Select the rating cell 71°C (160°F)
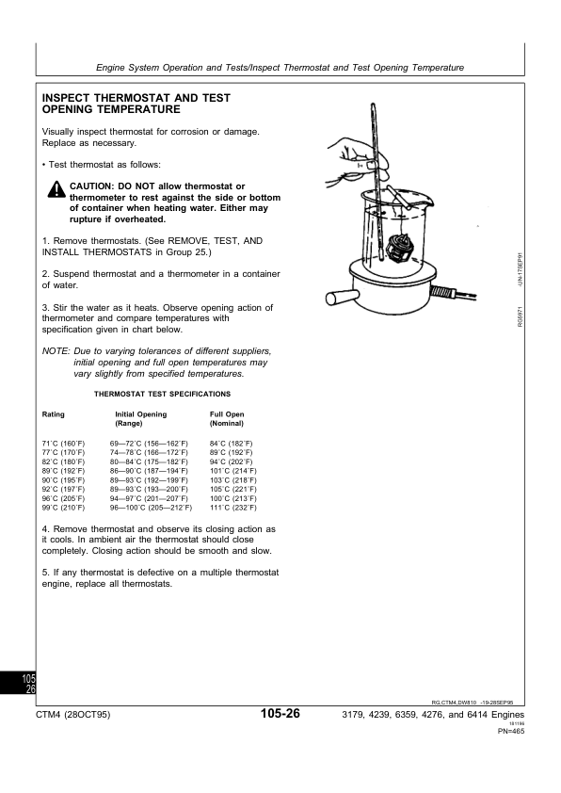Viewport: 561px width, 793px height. pyautogui.click(x=64, y=443)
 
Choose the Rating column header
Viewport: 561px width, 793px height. pyautogui.click(x=54, y=414)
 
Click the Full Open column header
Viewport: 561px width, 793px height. pyautogui.click(x=227, y=414)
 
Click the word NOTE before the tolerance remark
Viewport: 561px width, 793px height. pyautogui.click(x=56, y=350)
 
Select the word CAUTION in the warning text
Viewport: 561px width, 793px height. pyautogui.click(x=91, y=186)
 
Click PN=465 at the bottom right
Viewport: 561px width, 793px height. pyautogui.click(x=510, y=732)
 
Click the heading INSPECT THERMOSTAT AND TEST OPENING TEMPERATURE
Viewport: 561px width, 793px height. pyautogui.click(x=137, y=104)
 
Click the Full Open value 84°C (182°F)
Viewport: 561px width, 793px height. pyautogui.click(x=231, y=443)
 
